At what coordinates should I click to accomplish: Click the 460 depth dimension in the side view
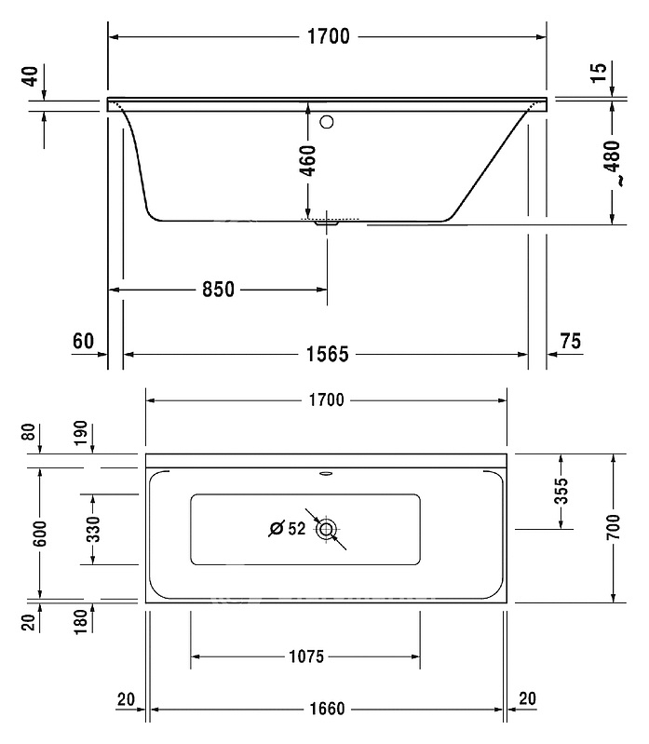[x=308, y=161]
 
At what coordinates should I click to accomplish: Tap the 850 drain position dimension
[x=218, y=289]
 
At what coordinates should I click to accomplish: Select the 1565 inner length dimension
[x=328, y=354]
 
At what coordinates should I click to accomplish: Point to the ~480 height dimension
[x=613, y=162]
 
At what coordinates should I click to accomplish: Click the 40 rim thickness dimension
[x=32, y=76]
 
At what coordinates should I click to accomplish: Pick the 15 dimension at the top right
[x=599, y=73]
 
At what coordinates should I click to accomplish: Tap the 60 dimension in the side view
[x=84, y=341]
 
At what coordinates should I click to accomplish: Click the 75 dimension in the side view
[x=570, y=341]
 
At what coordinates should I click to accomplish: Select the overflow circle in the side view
[x=327, y=122]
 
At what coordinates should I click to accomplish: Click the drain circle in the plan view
[x=327, y=529]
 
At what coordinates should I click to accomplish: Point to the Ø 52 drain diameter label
[x=288, y=528]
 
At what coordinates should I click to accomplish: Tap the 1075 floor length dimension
[x=306, y=656]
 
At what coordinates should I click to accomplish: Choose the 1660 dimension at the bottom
[x=328, y=709]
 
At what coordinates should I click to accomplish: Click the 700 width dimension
[x=613, y=527]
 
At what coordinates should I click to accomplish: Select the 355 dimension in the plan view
[x=561, y=491]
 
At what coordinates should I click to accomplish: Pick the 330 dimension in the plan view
[x=93, y=529]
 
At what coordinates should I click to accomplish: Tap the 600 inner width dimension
[x=40, y=534]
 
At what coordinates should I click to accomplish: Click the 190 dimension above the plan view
[x=81, y=432]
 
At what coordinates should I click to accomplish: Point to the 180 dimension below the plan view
[x=82, y=621]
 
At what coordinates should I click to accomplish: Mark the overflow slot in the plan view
[x=327, y=473]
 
